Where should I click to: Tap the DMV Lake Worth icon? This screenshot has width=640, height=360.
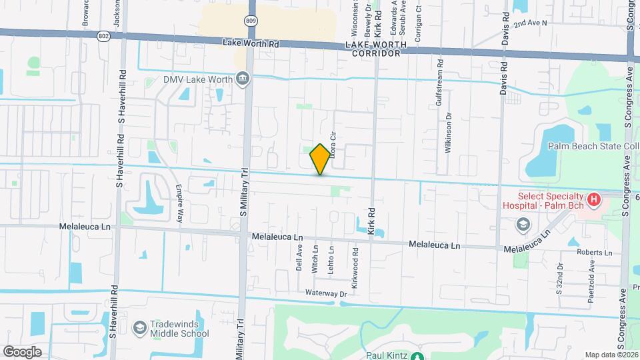coord(243,80)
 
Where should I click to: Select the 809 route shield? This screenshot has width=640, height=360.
coord(250,21)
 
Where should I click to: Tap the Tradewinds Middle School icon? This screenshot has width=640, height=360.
coord(140,327)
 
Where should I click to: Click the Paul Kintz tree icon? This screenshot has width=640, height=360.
coord(416,356)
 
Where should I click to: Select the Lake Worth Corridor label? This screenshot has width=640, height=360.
coord(373,49)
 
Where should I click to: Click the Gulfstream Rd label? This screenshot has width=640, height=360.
coord(439,85)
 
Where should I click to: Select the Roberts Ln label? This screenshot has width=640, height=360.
coord(595,253)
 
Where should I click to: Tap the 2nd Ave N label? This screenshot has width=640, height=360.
coord(530,23)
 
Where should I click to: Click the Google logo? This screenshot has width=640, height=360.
coord(21,351)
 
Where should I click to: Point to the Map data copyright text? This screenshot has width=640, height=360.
coord(611,355)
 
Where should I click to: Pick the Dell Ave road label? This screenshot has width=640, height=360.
coord(299,257)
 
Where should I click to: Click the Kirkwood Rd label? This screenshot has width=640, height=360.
coord(356,263)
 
